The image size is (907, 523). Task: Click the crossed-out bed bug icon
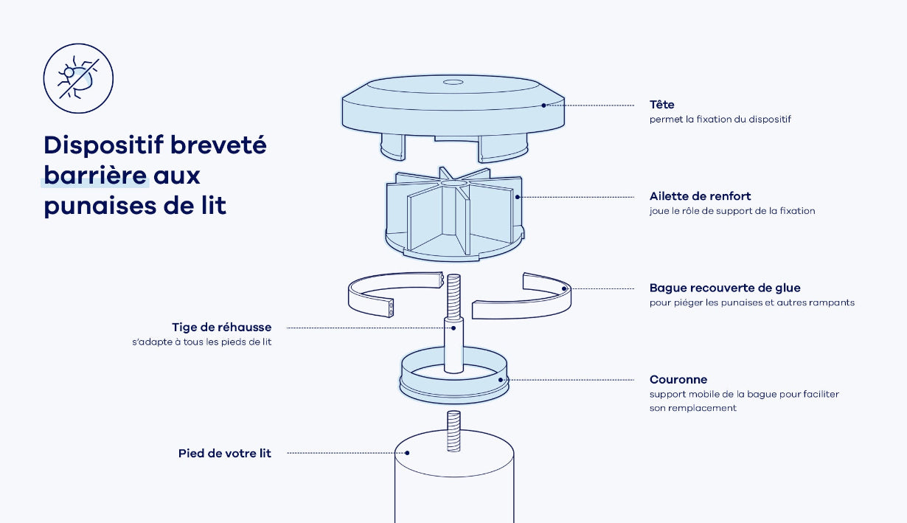[x=78, y=78]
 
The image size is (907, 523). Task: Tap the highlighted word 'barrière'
[x=95, y=176]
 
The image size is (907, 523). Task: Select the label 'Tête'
[x=661, y=105]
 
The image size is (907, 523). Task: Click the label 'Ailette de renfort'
[x=700, y=196]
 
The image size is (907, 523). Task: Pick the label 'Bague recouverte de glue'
[x=725, y=288]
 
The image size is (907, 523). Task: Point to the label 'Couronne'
[x=678, y=380]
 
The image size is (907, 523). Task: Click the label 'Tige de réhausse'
[x=221, y=327]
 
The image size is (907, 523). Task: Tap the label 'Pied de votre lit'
[x=225, y=454]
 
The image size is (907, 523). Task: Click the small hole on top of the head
[x=453, y=82]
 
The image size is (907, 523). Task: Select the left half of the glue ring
[x=395, y=294]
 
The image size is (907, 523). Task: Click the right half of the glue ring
[x=522, y=296]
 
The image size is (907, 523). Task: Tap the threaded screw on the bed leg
[x=453, y=431]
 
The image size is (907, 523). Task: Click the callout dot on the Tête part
[x=543, y=105]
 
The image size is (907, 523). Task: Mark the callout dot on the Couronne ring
[x=501, y=380]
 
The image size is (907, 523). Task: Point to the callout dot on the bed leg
[x=407, y=453]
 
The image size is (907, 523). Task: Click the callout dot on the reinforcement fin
[x=518, y=197]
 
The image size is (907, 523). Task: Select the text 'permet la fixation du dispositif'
[x=720, y=120]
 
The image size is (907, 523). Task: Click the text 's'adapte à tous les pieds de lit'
[x=201, y=342]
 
